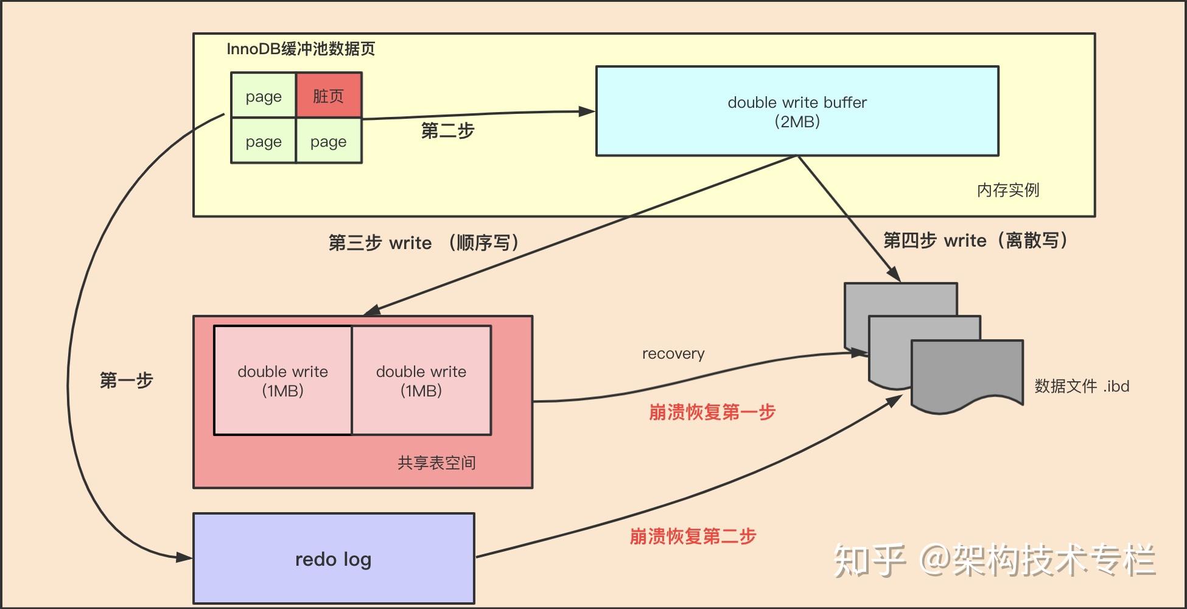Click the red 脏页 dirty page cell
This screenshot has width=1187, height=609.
[x=329, y=96]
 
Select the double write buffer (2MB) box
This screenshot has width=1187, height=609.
[x=797, y=111]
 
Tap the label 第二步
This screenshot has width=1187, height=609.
[x=447, y=131]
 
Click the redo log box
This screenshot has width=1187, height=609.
[x=334, y=559]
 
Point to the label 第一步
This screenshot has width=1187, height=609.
[x=126, y=381]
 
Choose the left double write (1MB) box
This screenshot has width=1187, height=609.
[x=282, y=381]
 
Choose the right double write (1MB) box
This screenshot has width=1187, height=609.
[x=421, y=381]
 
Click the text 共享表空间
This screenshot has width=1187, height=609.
[x=436, y=463]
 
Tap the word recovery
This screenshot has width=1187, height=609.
[x=673, y=354]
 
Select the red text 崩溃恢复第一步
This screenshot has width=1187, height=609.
[x=712, y=412]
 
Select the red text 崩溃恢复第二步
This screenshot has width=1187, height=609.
[x=693, y=537]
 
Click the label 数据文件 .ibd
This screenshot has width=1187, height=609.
[x=1082, y=386]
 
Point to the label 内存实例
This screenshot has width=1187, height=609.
[x=1008, y=190]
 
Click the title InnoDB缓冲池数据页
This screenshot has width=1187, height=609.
[x=301, y=49]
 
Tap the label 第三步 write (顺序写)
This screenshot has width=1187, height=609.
[x=424, y=243]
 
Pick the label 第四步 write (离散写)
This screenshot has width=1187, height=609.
[x=976, y=241]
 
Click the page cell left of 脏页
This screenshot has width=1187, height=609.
[x=264, y=96]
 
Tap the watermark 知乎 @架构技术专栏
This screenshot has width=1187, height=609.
[x=994, y=560]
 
